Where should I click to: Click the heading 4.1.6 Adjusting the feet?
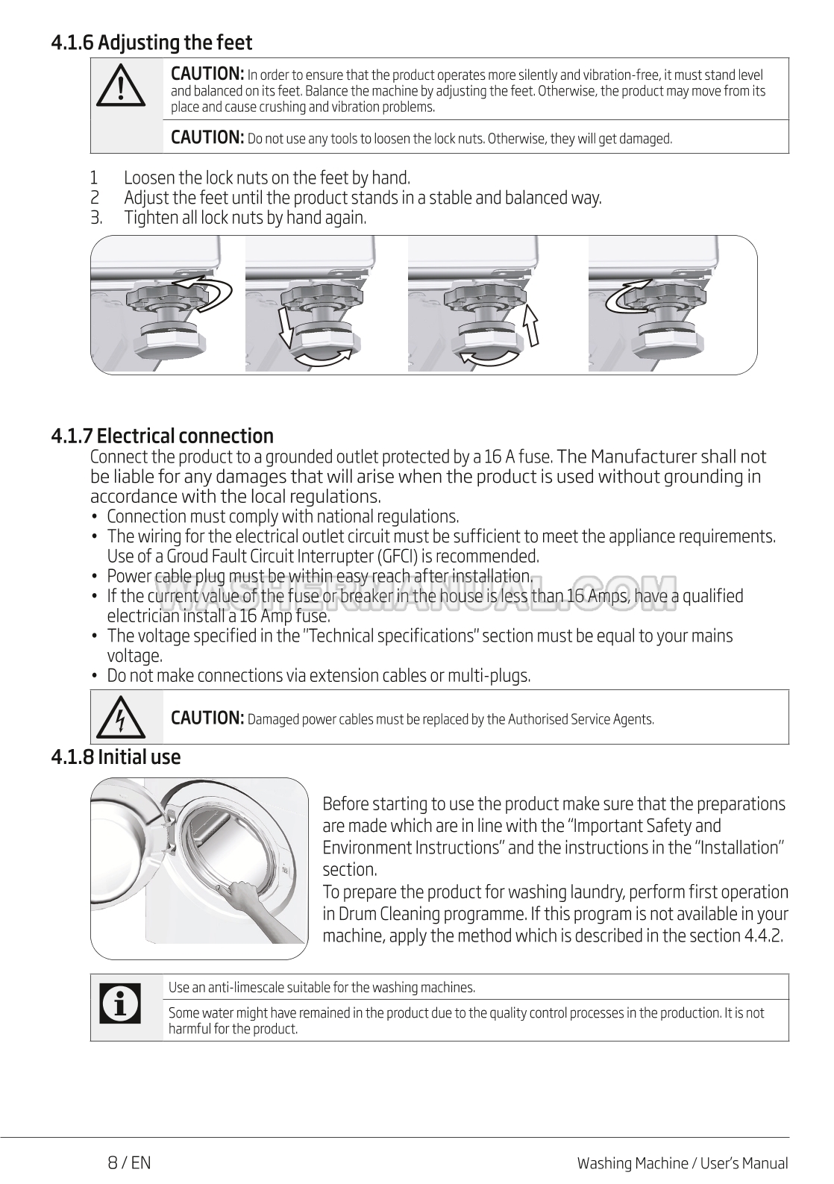(151, 43)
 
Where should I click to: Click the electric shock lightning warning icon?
(119, 718)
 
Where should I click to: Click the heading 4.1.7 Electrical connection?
(163, 436)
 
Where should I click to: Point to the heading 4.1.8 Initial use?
(116, 757)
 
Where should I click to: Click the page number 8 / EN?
(129, 1162)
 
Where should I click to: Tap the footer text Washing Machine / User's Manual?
(682, 1163)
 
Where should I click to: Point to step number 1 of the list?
(94, 178)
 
